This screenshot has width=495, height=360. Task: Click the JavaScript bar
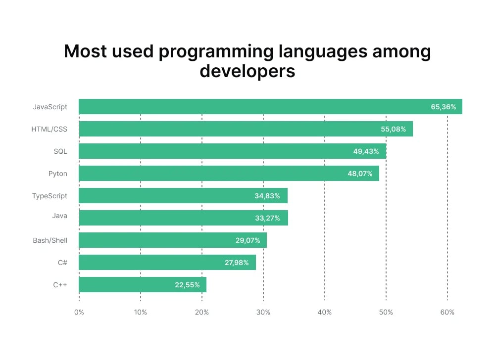point(270,107)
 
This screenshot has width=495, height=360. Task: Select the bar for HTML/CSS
point(246,129)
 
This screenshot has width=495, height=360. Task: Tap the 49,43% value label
point(366,151)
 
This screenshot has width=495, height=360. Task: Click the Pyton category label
point(58,174)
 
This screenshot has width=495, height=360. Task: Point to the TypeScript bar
point(183,196)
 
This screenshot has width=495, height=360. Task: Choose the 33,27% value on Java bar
point(267,218)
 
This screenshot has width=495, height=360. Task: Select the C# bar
point(167,263)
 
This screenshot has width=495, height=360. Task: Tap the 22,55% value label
point(187,285)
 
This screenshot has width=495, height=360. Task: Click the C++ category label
point(60,285)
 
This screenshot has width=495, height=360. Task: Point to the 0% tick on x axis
point(79,313)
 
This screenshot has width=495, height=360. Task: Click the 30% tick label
point(263,313)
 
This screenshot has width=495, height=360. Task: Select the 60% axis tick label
point(447,313)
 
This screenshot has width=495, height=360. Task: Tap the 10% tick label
point(141,313)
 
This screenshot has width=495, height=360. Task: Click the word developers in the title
point(247,71)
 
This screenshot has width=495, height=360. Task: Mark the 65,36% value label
point(444,107)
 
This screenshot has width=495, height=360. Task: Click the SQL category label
point(60,151)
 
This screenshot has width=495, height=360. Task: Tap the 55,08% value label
point(394,129)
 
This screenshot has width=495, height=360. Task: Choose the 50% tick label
point(386,313)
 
